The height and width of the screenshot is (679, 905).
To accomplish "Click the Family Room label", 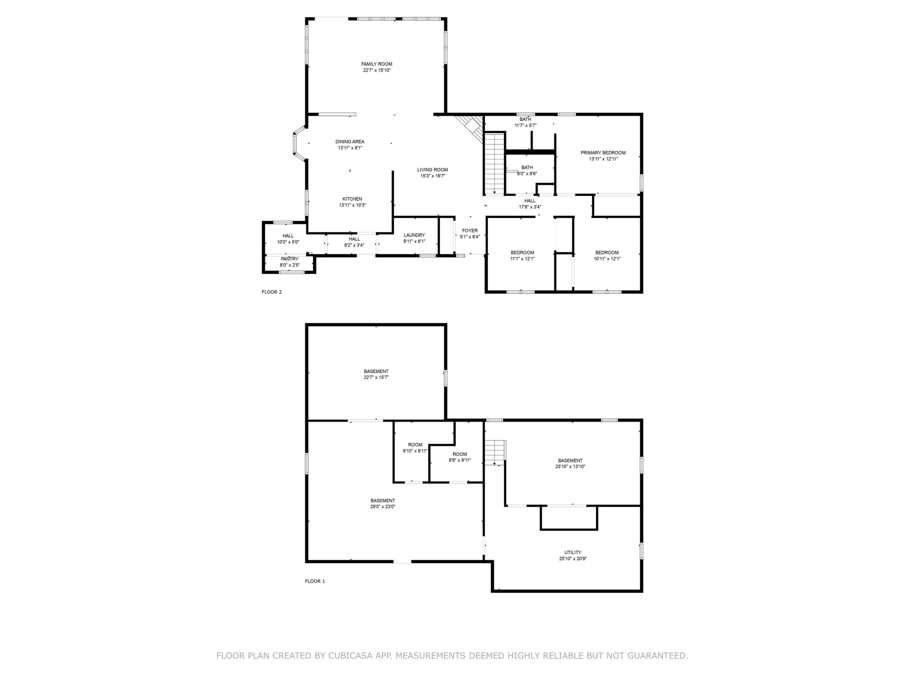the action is tap(376, 64).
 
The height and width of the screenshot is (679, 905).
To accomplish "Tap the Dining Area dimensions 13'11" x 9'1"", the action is tap(350, 148).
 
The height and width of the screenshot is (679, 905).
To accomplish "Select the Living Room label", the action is tap(432, 169).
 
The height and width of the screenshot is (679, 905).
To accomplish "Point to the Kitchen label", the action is tap(352, 199).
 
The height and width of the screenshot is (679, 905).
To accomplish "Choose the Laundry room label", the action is tap(414, 235).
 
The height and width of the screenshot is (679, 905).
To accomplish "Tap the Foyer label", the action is tap(470, 231).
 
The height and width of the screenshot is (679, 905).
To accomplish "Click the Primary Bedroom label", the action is tap(603, 153).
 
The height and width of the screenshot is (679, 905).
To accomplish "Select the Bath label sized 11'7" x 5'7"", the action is tap(525, 119).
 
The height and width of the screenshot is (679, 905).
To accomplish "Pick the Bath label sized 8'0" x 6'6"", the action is tap(527, 167).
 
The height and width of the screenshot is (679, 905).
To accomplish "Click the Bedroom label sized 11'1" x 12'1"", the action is tap(522, 253).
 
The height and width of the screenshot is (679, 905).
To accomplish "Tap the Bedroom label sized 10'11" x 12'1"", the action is tap(607, 253).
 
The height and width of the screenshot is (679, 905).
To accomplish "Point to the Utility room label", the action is tap(573, 552).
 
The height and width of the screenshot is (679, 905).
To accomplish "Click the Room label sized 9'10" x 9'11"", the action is tap(415, 445).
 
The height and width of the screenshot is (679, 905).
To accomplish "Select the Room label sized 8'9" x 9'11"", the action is tap(460, 454).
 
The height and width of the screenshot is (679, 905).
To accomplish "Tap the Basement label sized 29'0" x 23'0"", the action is tap(383, 500).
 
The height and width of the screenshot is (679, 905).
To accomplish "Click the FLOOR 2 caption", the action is tap(271, 292).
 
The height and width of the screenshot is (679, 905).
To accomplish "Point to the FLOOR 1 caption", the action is tap(315, 581).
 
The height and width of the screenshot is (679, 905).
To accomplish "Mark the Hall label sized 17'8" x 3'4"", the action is tap(530, 201).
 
